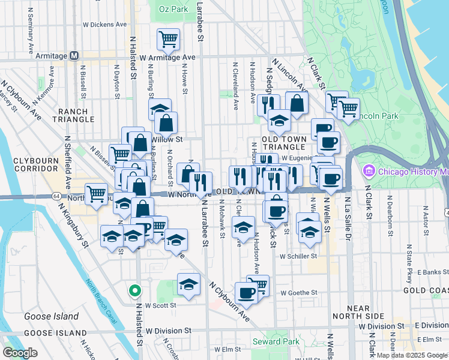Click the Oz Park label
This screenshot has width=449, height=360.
(174, 9)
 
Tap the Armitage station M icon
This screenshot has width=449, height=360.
(74, 56)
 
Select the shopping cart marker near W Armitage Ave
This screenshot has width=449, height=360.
(167, 40)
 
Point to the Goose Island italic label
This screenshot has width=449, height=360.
(51, 316)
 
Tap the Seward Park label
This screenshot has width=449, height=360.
(276, 342)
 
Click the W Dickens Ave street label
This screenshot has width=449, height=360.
(105, 25)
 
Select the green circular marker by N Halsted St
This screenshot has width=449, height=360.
(136, 292)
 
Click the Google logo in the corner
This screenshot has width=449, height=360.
(20, 353)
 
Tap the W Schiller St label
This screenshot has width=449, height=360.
(298, 256)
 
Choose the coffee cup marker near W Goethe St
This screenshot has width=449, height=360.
(246, 292)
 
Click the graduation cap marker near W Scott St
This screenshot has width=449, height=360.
(188, 284)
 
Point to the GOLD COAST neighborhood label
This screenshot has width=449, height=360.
(426, 290)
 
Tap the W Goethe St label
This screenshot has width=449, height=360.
(298, 293)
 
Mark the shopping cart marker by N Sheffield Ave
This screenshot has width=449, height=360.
(96, 193)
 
